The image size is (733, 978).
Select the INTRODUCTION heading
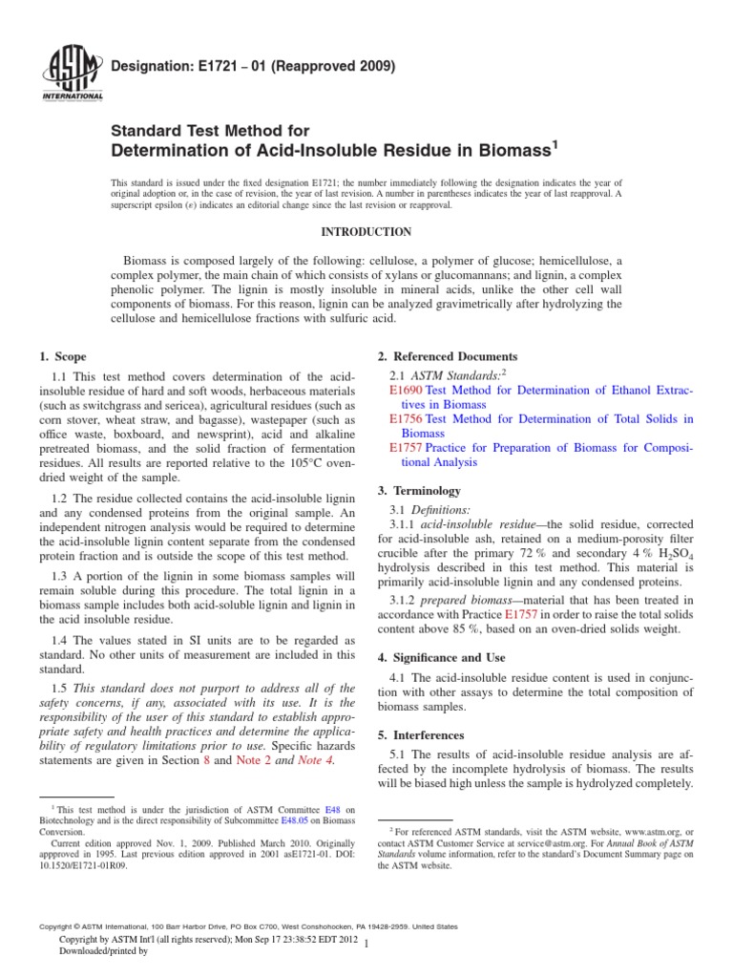[366, 232]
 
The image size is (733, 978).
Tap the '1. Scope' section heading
[64, 356]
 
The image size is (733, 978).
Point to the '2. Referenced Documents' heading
[448, 356]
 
